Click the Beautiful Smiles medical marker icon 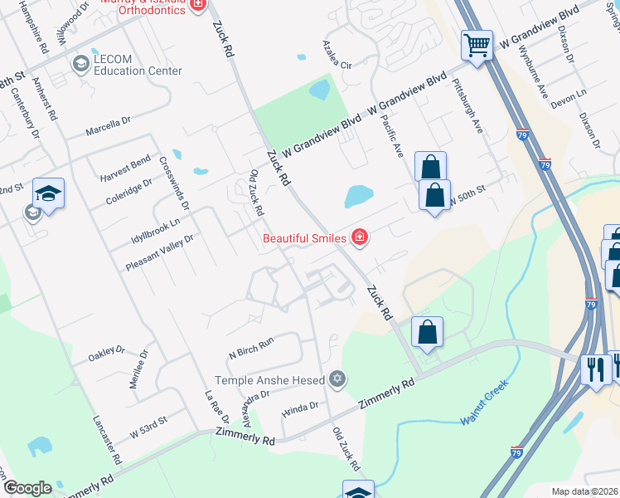tap(360, 238)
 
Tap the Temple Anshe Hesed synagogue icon tap(336, 380)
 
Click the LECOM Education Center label tap(137, 71)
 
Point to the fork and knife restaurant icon tap(594, 369)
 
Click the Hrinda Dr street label tap(299, 407)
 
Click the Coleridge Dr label tap(128, 191)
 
